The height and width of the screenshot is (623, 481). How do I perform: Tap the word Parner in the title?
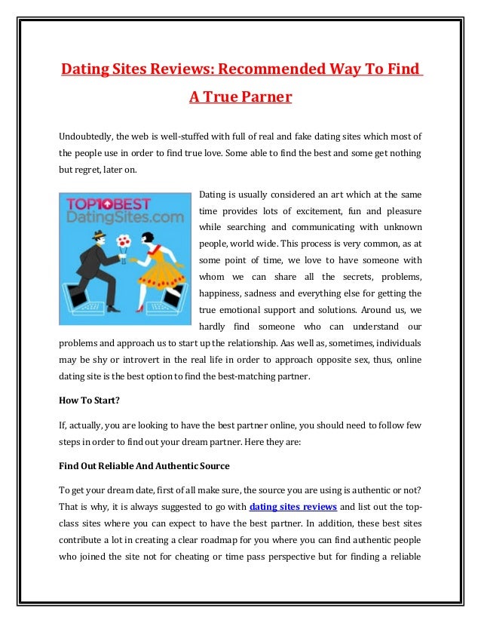coord(262,97)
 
